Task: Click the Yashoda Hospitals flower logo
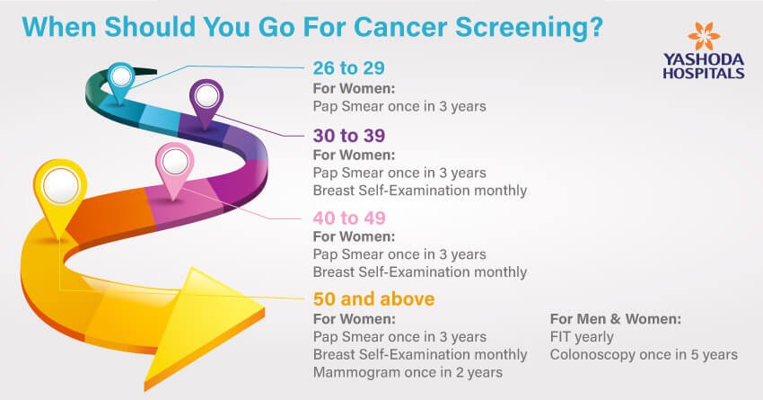tap(704, 36)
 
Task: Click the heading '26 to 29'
tap(348, 68)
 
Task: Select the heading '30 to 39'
tap(349, 136)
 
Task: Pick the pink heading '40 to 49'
tap(349, 218)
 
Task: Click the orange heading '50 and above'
tap(373, 298)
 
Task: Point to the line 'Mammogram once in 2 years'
tap(408, 373)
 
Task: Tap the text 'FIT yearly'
tap(582, 337)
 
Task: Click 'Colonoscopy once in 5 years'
tap(644, 355)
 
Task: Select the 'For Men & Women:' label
tap(616, 319)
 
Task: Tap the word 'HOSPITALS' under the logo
tap(704, 74)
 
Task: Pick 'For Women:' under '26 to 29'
tap(354, 89)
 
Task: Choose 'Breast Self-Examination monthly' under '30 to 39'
tap(420, 191)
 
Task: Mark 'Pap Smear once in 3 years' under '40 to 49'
tap(399, 254)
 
